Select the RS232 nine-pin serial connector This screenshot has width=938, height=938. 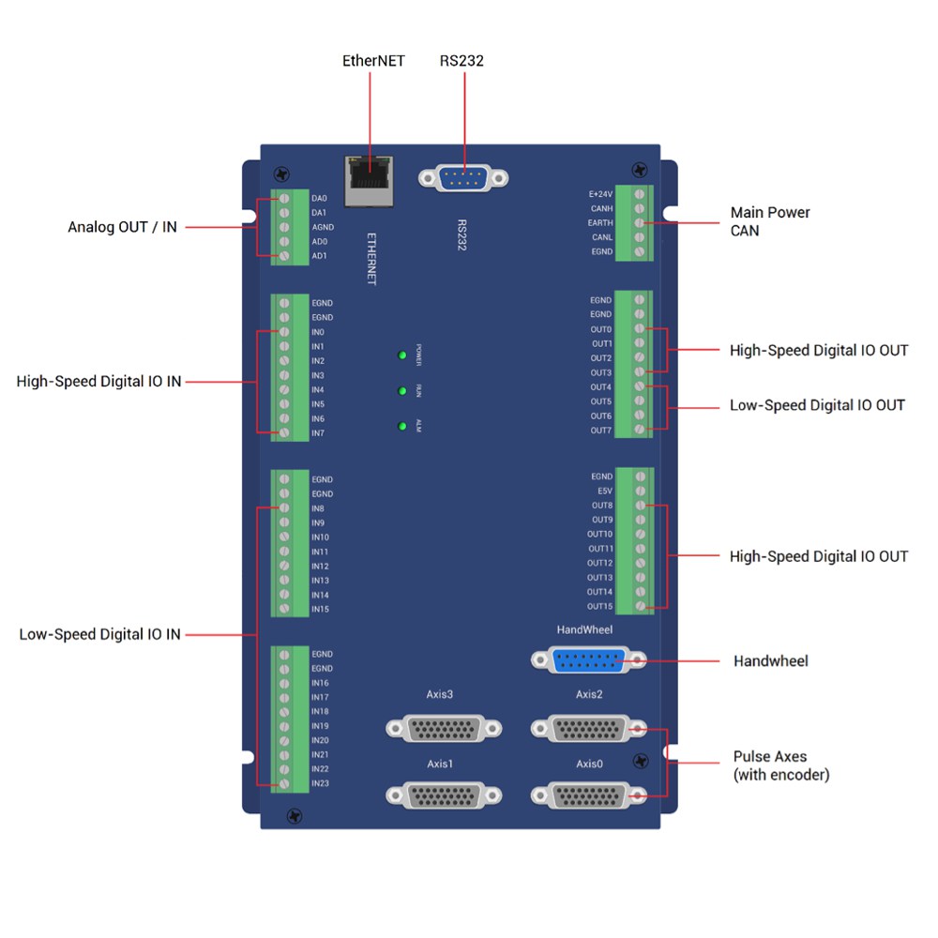(x=463, y=177)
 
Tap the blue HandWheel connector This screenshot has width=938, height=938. (x=589, y=660)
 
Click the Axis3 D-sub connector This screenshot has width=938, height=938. (x=442, y=729)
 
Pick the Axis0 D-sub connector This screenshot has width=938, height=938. (x=589, y=795)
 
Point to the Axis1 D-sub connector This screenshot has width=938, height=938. (x=442, y=795)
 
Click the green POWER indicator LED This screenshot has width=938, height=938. (x=402, y=355)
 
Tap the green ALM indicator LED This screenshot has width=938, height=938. (x=402, y=427)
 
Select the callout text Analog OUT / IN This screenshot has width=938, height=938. (x=122, y=227)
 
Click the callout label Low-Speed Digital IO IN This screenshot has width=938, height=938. (x=99, y=634)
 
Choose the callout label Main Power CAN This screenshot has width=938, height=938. (x=770, y=221)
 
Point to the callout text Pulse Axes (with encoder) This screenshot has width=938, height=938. (x=781, y=765)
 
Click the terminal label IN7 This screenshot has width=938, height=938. (x=318, y=433)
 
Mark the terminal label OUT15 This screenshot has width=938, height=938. (x=599, y=606)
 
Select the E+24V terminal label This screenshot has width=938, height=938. (x=600, y=194)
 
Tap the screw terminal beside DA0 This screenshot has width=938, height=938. (x=283, y=199)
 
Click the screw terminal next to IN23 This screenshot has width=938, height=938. (x=283, y=783)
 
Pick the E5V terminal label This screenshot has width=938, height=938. (x=604, y=491)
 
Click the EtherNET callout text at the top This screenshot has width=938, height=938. (x=372, y=61)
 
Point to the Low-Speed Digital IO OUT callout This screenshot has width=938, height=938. (x=817, y=405)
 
